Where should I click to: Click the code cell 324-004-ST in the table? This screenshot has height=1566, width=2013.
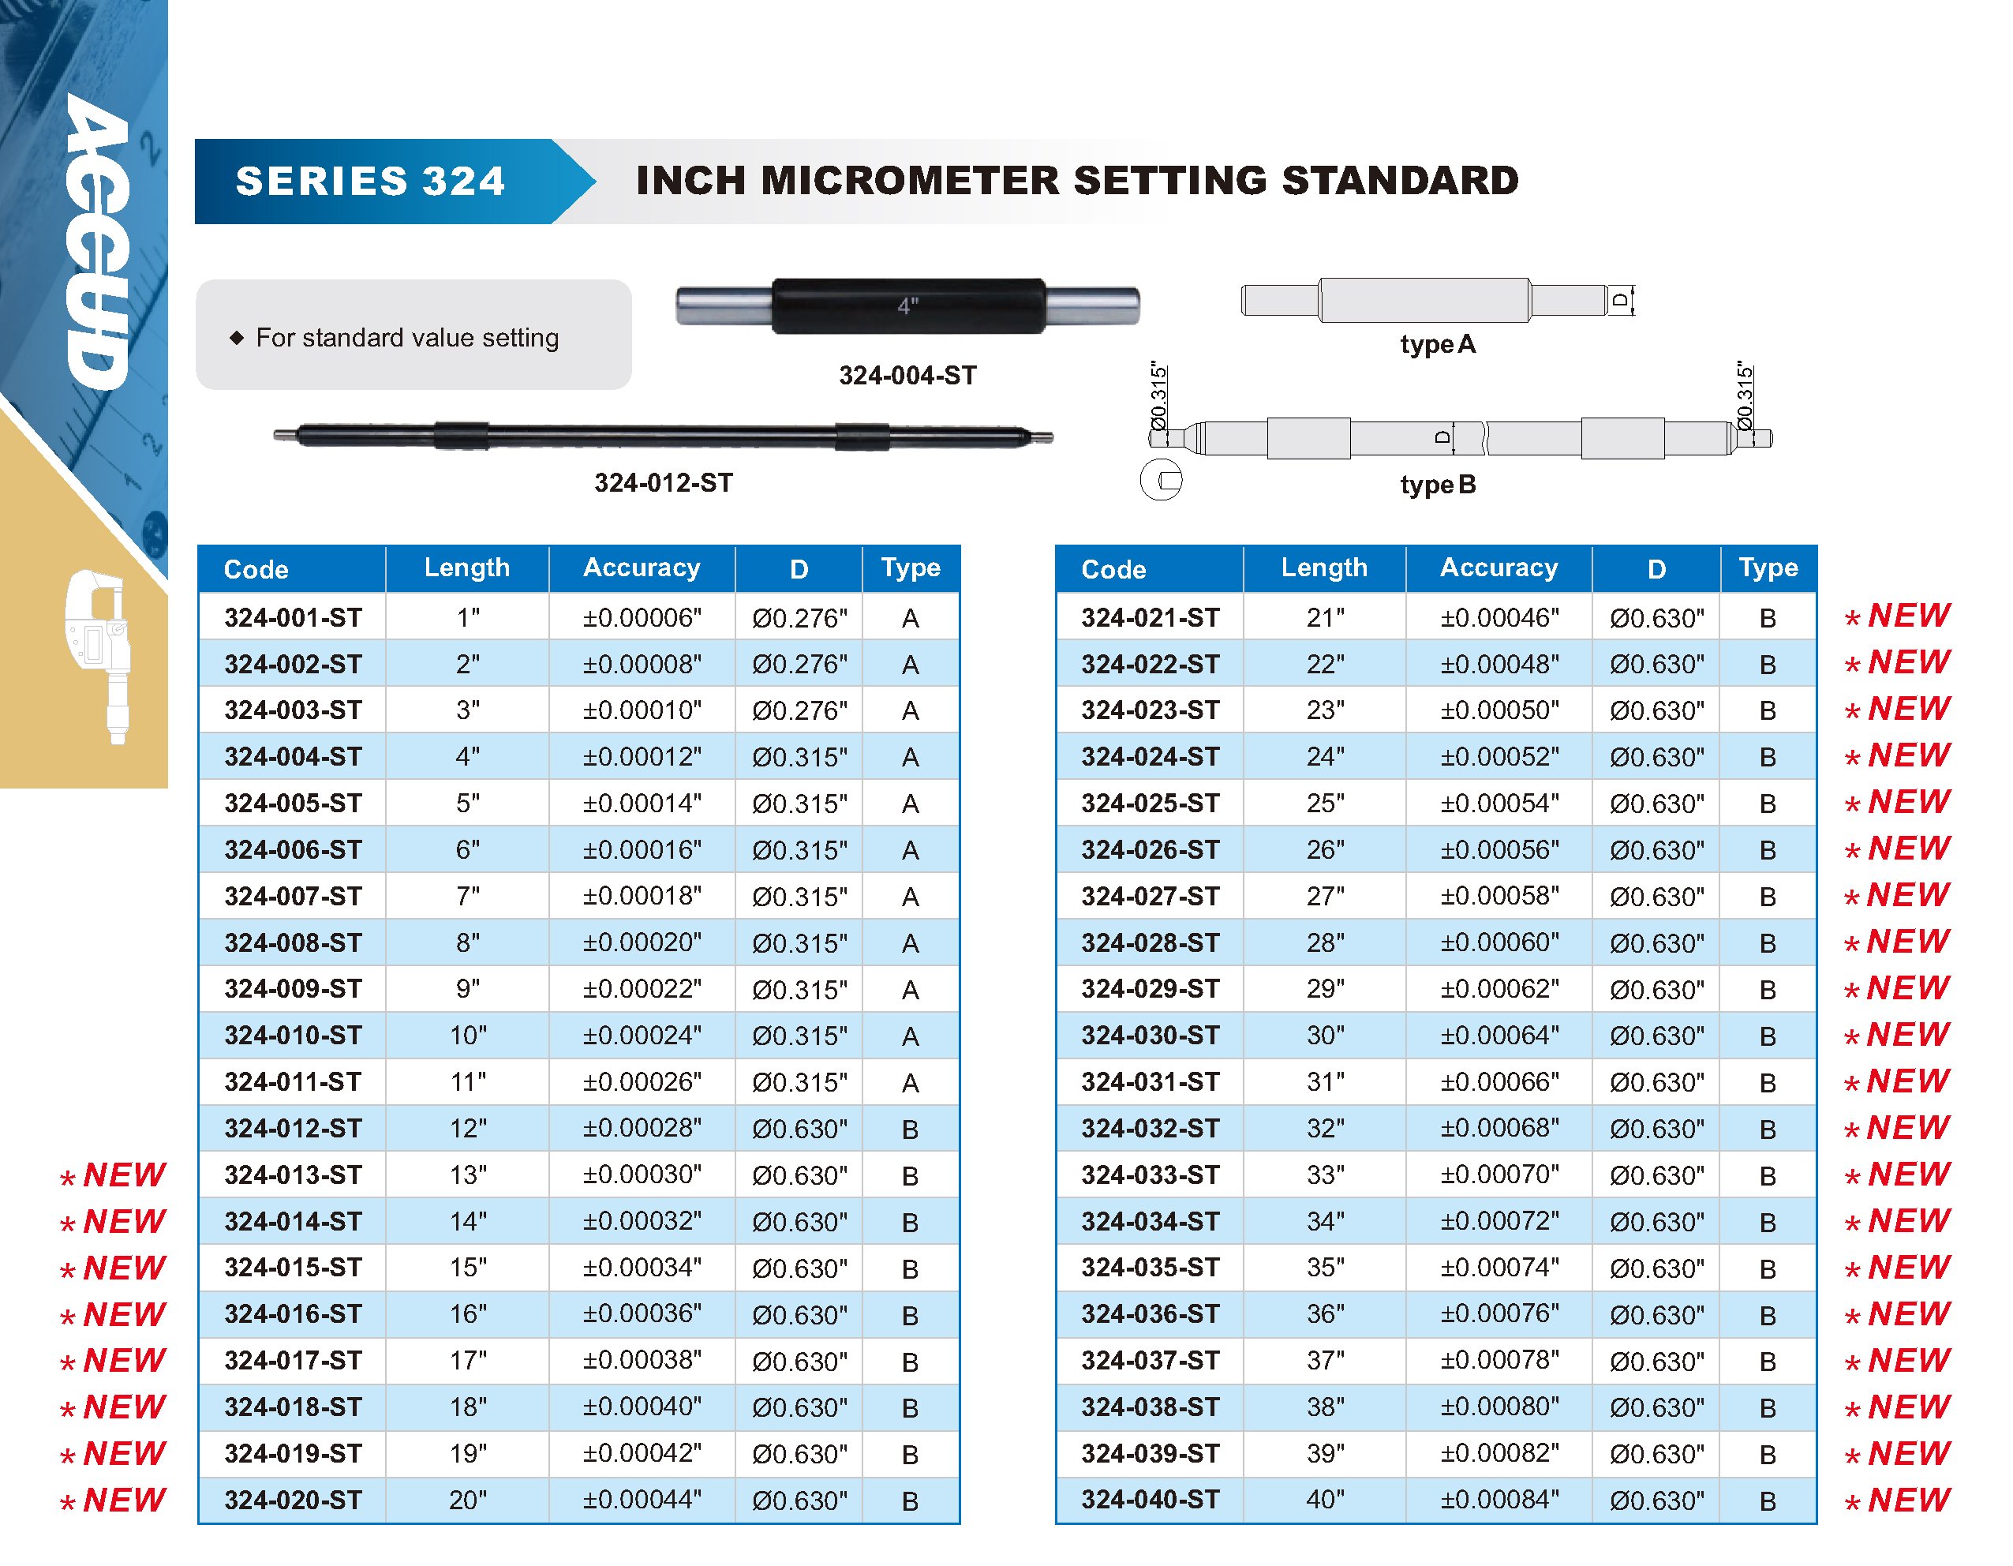(x=293, y=757)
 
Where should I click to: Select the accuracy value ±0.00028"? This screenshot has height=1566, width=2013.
(x=642, y=1128)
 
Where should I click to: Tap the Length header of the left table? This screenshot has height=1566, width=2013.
(x=466, y=568)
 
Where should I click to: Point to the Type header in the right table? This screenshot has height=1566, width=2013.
(x=1767, y=568)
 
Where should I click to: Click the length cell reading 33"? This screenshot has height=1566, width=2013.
(x=1324, y=1175)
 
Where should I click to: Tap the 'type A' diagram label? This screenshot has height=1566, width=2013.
(x=1437, y=345)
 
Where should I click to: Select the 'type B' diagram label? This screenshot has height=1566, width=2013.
(x=1437, y=485)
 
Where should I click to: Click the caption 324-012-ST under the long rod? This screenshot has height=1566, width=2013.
(x=663, y=483)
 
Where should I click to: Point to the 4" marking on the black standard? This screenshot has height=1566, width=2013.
(x=908, y=306)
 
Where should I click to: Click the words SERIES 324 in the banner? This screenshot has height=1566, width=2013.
(x=371, y=181)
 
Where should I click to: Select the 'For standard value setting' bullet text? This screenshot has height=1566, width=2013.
(x=406, y=339)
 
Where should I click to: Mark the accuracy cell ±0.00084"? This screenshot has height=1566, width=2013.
(x=1499, y=1500)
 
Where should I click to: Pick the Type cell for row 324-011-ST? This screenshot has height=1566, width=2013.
(x=910, y=1083)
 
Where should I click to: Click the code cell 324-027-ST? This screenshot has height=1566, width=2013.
(x=1150, y=896)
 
